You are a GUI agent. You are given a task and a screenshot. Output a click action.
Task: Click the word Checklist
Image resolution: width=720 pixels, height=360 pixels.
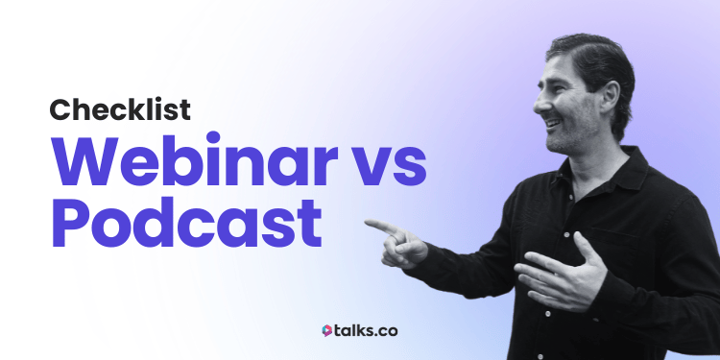[120, 109]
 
